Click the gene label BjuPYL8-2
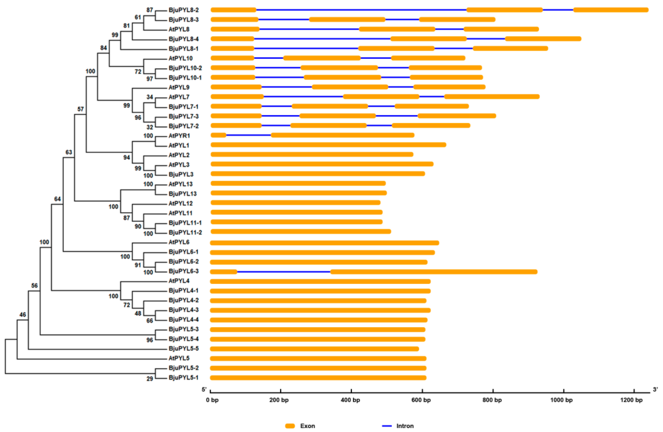(183, 10)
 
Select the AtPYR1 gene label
(179, 136)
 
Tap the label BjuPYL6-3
(183, 271)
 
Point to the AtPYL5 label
(179, 358)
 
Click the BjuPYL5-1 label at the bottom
(183, 378)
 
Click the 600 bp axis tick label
(421, 400)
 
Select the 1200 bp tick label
(631, 400)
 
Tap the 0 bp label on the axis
(212, 400)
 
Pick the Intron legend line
(387, 426)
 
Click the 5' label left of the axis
(204, 390)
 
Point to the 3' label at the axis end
(655, 390)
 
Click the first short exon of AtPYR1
(218, 135)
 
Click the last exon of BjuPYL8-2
(611, 10)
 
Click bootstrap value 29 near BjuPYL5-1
(150, 379)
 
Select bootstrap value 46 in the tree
(23, 315)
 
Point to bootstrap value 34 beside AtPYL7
(150, 97)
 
